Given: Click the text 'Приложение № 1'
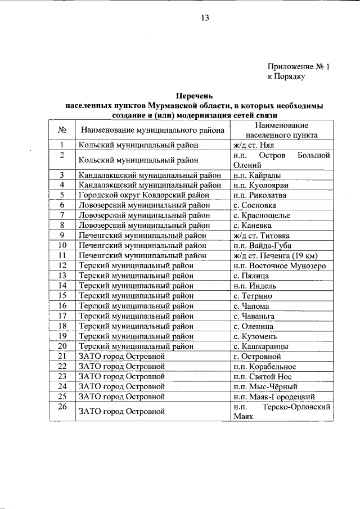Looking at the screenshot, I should (298, 66).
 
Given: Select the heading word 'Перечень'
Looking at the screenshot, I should (195, 96).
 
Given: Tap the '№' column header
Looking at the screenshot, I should (62, 130).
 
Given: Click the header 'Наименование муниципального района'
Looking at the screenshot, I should (152, 130).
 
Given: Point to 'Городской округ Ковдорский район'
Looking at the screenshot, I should (144, 195).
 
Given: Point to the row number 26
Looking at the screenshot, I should (62, 407).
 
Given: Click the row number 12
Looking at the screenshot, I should (62, 265).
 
